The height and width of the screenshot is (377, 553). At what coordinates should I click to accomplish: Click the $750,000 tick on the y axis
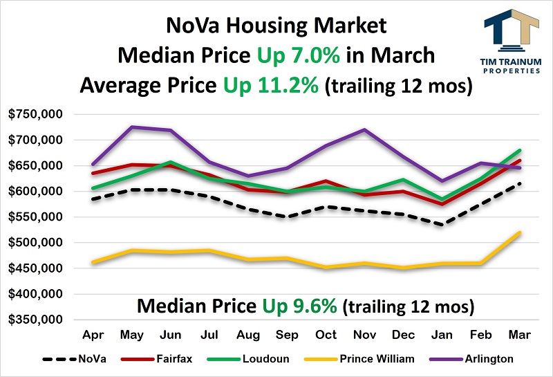click(x=35, y=114)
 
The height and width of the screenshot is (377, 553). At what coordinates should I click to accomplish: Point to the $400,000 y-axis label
click(x=35, y=294)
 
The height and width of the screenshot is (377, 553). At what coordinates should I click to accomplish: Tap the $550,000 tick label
click(x=35, y=217)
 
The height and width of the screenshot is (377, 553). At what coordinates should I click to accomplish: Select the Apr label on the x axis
click(x=93, y=334)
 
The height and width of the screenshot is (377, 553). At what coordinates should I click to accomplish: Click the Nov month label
click(x=364, y=334)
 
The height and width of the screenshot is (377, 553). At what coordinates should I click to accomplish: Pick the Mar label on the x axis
click(x=519, y=334)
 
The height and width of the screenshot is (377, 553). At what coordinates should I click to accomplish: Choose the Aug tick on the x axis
click(x=248, y=334)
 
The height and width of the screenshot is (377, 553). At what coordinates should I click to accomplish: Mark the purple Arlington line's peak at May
click(x=132, y=127)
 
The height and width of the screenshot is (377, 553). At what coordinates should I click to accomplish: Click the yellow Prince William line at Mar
click(x=519, y=232)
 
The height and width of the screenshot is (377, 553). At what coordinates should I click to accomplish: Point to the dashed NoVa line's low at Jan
click(x=441, y=224)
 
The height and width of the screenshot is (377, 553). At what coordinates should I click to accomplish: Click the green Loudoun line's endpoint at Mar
click(x=519, y=150)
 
